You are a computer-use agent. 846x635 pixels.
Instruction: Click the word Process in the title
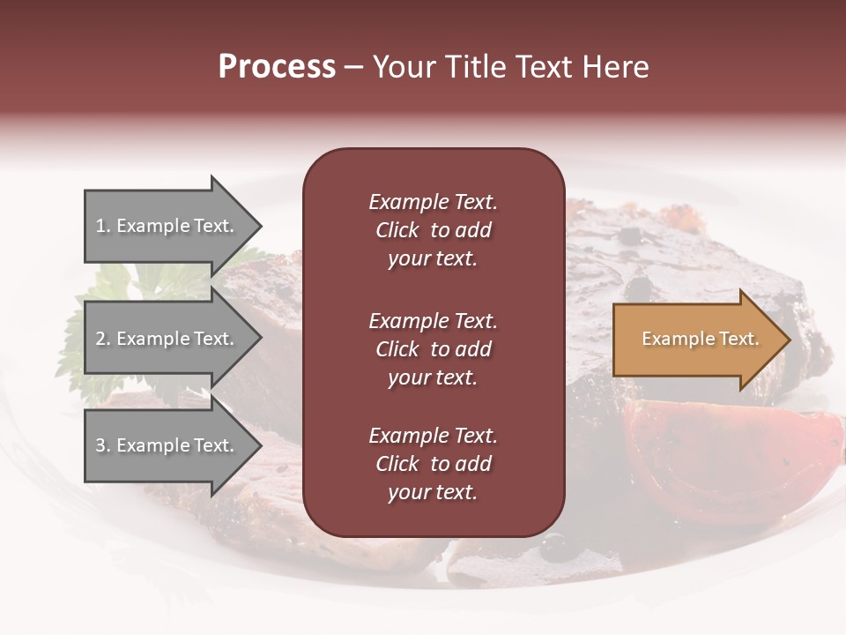tap(277, 67)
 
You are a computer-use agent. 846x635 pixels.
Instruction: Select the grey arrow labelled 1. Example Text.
tap(167, 226)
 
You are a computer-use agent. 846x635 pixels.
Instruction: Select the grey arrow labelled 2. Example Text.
tap(167, 339)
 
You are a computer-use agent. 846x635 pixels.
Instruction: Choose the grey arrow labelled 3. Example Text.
tap(167, 445)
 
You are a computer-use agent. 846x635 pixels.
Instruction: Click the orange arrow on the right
tap(696, 340)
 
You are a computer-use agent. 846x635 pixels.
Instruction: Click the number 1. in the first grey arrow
tap(103, 226)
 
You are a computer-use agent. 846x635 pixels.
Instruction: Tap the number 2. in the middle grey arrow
tap(103, 339)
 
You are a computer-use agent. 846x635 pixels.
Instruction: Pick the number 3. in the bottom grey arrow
tap(103, 445)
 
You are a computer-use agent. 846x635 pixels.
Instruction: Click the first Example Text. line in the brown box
tap(433, 202)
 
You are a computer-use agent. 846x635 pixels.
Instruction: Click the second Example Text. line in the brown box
tap(433, 321)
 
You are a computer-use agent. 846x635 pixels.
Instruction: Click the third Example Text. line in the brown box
tap(433, 436)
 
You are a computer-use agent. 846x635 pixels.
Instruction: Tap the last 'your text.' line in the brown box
tap(433, 493)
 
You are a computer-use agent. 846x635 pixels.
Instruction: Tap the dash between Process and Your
tap(354, 68)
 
